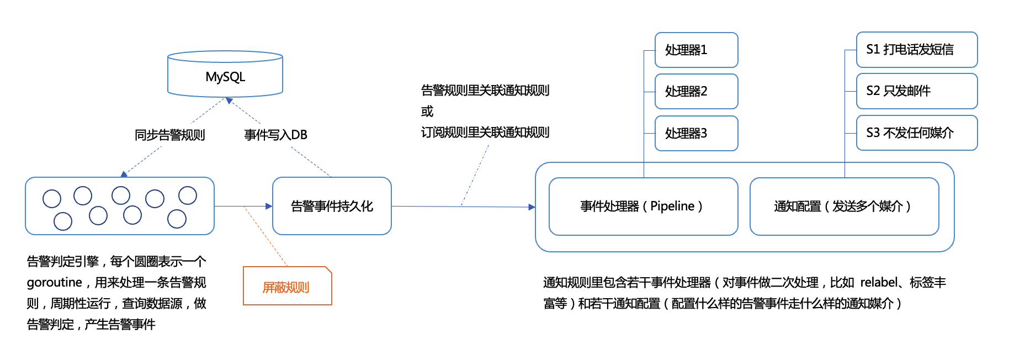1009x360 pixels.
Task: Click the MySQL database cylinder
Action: [225, 75]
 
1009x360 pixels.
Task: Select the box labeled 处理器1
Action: [696, 50]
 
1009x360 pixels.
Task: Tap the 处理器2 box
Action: [696, 91]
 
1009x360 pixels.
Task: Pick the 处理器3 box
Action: [696, 133]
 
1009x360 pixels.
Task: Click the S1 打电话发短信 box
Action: [916, 50]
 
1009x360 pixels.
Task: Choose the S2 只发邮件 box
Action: [916, 91]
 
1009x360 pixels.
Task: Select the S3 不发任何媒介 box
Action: [916, 133]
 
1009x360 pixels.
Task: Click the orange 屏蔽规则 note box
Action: [287, 287]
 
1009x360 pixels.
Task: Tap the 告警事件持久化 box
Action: [332, 206]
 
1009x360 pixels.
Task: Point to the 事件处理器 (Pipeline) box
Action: [643, 206]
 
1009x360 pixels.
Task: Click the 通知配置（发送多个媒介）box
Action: [844, 206]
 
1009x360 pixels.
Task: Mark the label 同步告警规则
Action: [170, 135]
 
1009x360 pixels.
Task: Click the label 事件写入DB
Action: [275, 135]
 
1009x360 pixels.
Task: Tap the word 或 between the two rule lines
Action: [427, 112]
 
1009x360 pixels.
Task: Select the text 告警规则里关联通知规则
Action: [485, 91]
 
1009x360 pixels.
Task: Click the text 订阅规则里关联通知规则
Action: [485, 133]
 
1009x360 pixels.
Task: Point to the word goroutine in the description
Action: [54, 283]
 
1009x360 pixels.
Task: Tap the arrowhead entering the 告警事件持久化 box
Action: [269, 206]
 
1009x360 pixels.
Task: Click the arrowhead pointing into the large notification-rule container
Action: [532, 207]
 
